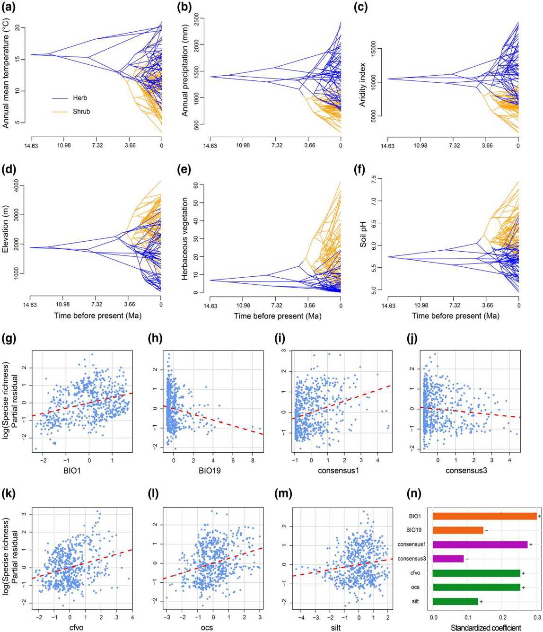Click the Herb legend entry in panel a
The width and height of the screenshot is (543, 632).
[x=79, y=98]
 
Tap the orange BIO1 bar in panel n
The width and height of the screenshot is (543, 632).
[x=484, y=516]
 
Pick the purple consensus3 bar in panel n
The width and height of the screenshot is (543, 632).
[x=448, y=559]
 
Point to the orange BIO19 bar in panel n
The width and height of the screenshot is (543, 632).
[x=458, y=530]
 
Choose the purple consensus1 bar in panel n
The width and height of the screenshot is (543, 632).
[x=480, y=544]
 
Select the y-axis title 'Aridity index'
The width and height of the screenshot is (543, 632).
[x=363, y=84]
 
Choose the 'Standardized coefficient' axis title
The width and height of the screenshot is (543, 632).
[x=486, y=628]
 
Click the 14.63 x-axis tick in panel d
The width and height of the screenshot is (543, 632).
[x=29, y=305]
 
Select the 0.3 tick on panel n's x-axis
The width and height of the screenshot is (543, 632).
[x=537, y=617]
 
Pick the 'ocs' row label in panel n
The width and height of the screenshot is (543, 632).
[x=415, y=588]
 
